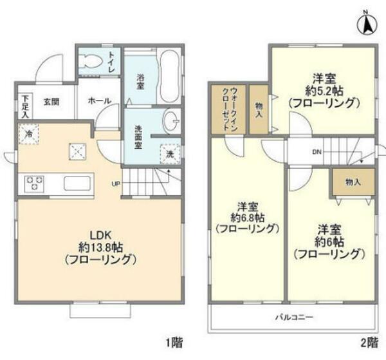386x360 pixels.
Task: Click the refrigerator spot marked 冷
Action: [x=28, y=134]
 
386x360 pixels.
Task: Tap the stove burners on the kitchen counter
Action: [x=34, y=184]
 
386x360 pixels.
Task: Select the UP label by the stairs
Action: [x=116, y=183]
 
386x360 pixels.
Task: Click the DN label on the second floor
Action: [x=316, y=153]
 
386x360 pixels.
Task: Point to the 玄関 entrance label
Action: [x=51, y=102]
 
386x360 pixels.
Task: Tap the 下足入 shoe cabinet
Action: [x=24, y=106]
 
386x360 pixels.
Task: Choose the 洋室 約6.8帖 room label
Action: [x=247, y=217]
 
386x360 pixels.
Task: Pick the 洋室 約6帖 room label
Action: [x=329, y=242]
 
